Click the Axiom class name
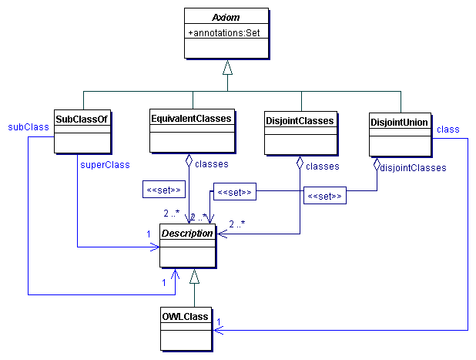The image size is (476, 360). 226,16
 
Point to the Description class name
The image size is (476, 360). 186,233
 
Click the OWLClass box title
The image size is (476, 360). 183,316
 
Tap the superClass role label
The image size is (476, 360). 104,163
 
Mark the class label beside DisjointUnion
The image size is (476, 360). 448,129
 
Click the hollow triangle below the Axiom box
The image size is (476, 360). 226,68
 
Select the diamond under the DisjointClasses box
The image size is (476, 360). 300,163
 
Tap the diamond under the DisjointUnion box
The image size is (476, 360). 377,164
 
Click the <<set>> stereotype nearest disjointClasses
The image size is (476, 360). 323,197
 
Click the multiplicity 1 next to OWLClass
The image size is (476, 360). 219,321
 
